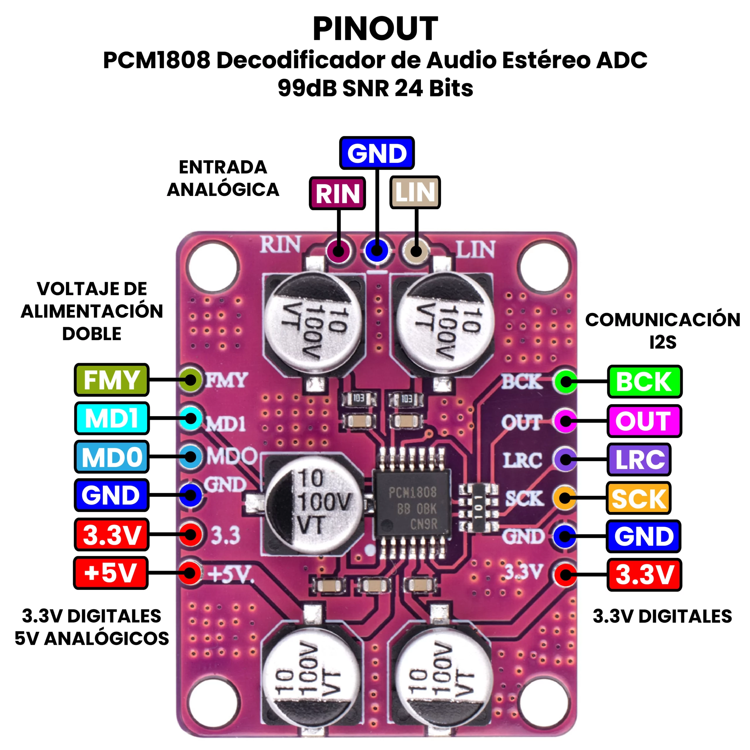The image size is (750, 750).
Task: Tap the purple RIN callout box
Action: point(337,193)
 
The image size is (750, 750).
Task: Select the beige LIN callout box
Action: point(415,192)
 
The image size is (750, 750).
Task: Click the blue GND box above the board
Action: point(376,153)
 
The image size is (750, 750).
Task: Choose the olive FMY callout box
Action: point(111,380)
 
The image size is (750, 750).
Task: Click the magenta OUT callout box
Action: point(644,421)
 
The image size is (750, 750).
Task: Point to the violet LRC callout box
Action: point(639,460)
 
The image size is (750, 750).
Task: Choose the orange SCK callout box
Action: point(639,498)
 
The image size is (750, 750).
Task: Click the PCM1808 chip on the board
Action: point(412,509)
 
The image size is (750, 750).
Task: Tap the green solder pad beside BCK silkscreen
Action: point(565,382)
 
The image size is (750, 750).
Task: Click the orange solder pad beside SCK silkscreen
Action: point(565,498)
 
